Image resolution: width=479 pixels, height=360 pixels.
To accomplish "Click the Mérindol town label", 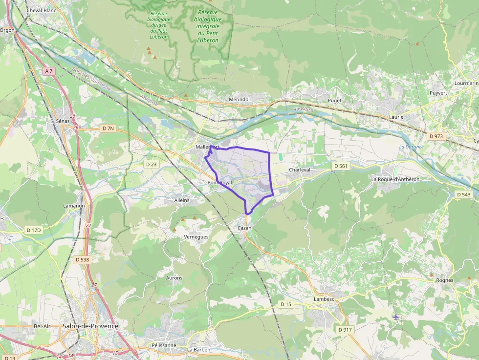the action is pos(239,99).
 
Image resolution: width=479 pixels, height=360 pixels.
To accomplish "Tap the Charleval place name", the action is pos(300,170).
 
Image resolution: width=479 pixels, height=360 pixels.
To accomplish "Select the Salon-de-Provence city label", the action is pos(90,326).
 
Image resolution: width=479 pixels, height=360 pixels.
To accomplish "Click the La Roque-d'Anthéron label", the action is pos(395,179).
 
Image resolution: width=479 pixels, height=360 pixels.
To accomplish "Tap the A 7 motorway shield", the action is pos(48,71).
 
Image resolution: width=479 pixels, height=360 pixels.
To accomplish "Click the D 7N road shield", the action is pos(108,128).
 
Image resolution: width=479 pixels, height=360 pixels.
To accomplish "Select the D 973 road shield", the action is pos(435,136).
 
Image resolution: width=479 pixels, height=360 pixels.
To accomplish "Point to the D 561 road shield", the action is pos(341,166).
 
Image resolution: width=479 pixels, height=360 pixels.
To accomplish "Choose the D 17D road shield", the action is pos(34,230).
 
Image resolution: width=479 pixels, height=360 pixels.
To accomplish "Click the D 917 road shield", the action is pos(345,330).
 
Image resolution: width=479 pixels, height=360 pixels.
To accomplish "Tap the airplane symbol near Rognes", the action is pos(396,317).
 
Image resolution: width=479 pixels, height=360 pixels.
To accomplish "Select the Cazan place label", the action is pos(244,228).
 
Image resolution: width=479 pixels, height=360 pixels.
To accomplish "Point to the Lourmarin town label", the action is pos(466,83).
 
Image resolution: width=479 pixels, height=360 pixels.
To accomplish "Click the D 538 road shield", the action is pos(83,260).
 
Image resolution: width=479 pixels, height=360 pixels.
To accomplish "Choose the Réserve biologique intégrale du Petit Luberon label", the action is pos(208,26).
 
